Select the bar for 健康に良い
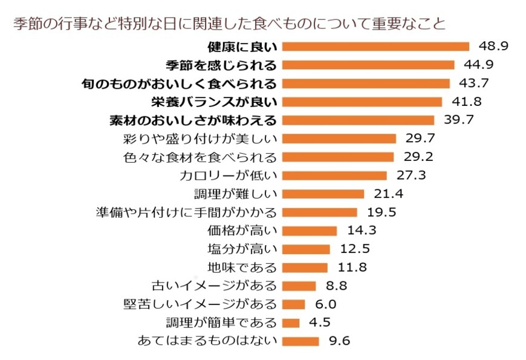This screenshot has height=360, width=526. point(375,47)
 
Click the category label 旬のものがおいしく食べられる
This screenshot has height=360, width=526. point(179,83)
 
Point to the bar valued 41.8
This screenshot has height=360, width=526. point(362,102)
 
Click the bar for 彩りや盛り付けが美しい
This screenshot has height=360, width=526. point(339,139)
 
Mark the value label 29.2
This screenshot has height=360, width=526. point(418,157)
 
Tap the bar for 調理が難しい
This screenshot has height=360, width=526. point(323,194)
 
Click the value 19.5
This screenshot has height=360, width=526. point(382,212)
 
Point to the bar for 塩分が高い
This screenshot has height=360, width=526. point(306,249)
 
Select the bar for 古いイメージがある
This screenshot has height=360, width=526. point(299,286)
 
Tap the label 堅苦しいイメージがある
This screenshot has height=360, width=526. point(200,304)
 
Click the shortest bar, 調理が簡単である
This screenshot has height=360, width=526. point(291,322)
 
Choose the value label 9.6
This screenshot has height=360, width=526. point(340,341)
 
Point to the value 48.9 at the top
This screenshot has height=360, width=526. point(494,47)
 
